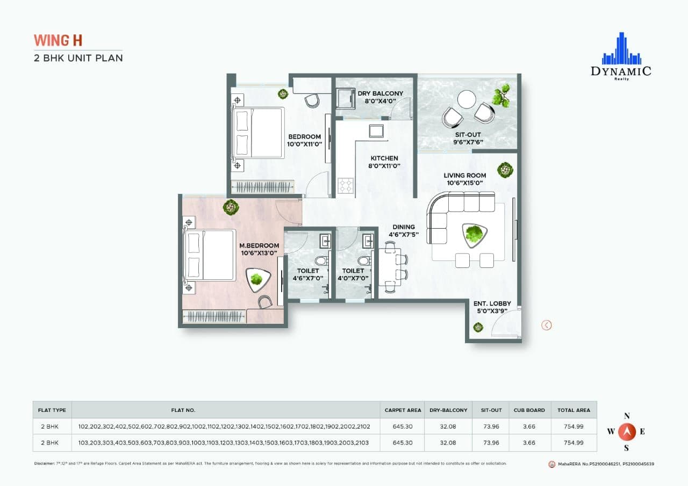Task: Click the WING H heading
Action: click(x=58, y=40)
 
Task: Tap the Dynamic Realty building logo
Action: click(x=621, y=49)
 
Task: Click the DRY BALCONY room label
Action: click(x=380, y=93)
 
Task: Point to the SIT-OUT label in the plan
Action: click(x=467, y=134)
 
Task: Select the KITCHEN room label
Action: click(x=384, y=158)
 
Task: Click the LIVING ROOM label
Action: click(x=464, y=175)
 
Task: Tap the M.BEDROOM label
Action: click(x=259, y=246)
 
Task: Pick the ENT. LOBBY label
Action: click(x=492, y=304)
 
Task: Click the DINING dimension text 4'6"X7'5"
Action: click(x=403, y=234)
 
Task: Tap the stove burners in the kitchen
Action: click(x=345, y=186)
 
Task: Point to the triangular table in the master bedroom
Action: click(x=256, y=279)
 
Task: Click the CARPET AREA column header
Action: click(x=403, y=410)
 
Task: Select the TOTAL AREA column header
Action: click(x=574, y=410)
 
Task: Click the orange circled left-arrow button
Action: click(x=546, y=325)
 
